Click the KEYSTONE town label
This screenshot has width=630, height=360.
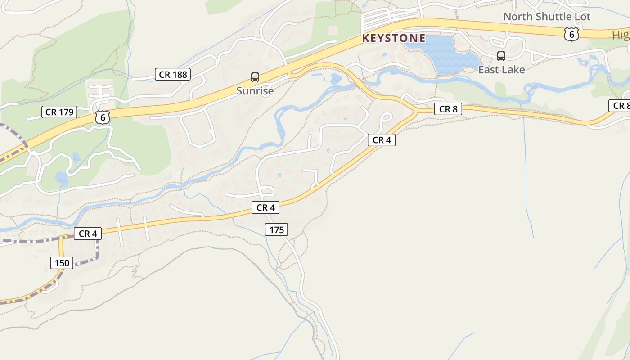point(394,38)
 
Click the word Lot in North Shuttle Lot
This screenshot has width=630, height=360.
point(581,17)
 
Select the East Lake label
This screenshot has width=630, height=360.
point(501,70)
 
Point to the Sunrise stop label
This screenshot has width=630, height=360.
point(255,90)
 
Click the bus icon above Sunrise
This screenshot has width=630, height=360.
point(255,77)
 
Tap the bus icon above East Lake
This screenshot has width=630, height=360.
point(501,56)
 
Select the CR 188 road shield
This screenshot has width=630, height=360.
point(173,74)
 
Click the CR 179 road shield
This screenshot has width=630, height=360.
point(59,112)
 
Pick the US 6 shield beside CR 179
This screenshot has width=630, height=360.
point(103,117)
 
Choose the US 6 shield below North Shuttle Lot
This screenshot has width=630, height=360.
point(571,34)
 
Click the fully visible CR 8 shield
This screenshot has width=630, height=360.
point(448,109)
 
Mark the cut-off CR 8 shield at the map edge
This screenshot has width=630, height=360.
point(621,106)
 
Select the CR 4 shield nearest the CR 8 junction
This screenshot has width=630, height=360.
point(382,140)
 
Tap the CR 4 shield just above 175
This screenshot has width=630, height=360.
point(265,207)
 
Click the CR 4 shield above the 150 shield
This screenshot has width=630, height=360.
point(88,234)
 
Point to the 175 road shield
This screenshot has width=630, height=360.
point(276,230)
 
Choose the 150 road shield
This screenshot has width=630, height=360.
point(62,263)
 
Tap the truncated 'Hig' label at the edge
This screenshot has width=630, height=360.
point(621,35)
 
